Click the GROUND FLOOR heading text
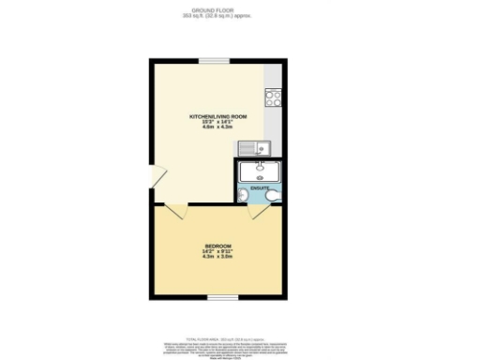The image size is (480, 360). pyautogui.click(x=217, y=10)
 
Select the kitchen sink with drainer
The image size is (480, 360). pyautogui.click(x=252, y=147)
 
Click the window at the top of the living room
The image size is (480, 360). pyautogui.click(x=213, y=61)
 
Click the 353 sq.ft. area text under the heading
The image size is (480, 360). pyautogui.click(x=217, y=16)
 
